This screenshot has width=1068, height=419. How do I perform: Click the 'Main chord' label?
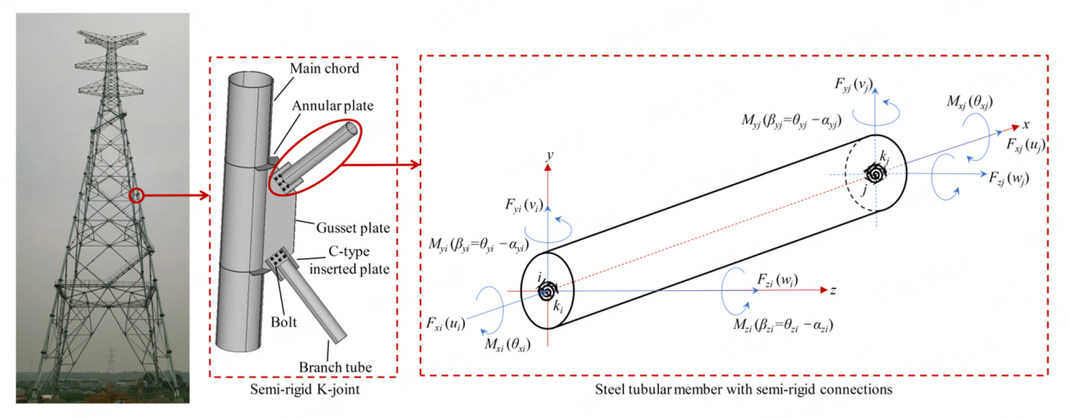pyautogui.click(x=325, y=68)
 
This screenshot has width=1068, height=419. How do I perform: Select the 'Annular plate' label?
pyautogui.click(x=332, y=106)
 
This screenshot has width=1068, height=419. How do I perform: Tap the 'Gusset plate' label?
pyautogui.click(x=352, y=228)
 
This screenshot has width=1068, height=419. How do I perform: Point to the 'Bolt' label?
pyautogui.click(x=284, y=322)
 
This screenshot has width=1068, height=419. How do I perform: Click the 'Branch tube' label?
pyautogui.click(x=335, y=367)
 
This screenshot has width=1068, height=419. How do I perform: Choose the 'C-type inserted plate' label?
pyautogui.click(x=349, y=260)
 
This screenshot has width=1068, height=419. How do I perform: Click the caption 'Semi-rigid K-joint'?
pyautogui.click(x=305, y=390)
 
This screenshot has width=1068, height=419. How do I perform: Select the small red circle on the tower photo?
pyautogui.click(x=136, y=195)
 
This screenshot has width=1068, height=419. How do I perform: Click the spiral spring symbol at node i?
pyautogui.click(x=548, y=290)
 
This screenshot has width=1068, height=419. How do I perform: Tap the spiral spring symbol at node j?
pyautogui.click(x=875, y=174)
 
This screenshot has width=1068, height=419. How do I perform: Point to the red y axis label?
pyautogui.click(x=550, y=155)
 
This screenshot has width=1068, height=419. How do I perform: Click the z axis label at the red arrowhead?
pyautogui.click(x=833, y=290)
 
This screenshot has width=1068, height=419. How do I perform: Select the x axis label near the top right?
pyautogui.click(x=1026, y=125)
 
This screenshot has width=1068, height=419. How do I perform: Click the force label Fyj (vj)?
pyautogui.click(x=853, y=85)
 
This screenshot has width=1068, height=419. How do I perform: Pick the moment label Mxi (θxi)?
pyautogui.click(x=507, y=344)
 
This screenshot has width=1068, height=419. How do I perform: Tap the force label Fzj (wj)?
pyautogui.click(x=1009, y=178)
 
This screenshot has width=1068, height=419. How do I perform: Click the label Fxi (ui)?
pyautogui.click(x=445, y=323)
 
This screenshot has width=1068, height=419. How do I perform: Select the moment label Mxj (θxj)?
pyautogui.click(x=970, y=102)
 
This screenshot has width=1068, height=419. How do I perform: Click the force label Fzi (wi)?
pyautogui.click(x=777, y=280)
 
